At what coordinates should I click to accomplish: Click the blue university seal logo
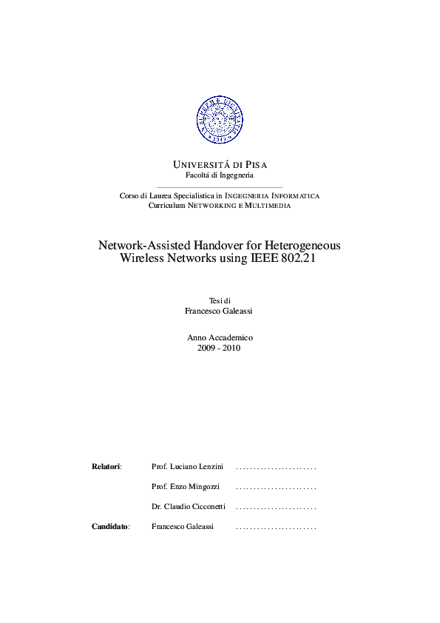point(220,120)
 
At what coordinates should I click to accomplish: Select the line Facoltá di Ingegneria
point(220,175)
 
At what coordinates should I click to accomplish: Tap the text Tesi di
point(220,300)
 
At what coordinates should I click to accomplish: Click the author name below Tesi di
point(220,311)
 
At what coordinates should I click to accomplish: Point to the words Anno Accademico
point(220,337)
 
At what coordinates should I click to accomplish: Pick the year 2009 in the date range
point(207,348)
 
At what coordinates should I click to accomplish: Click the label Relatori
point(106,467)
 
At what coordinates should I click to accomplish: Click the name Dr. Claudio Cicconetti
point(189,507)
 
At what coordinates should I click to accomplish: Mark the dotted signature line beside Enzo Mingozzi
point(276,488)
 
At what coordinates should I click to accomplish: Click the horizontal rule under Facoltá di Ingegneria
point(220,185)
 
